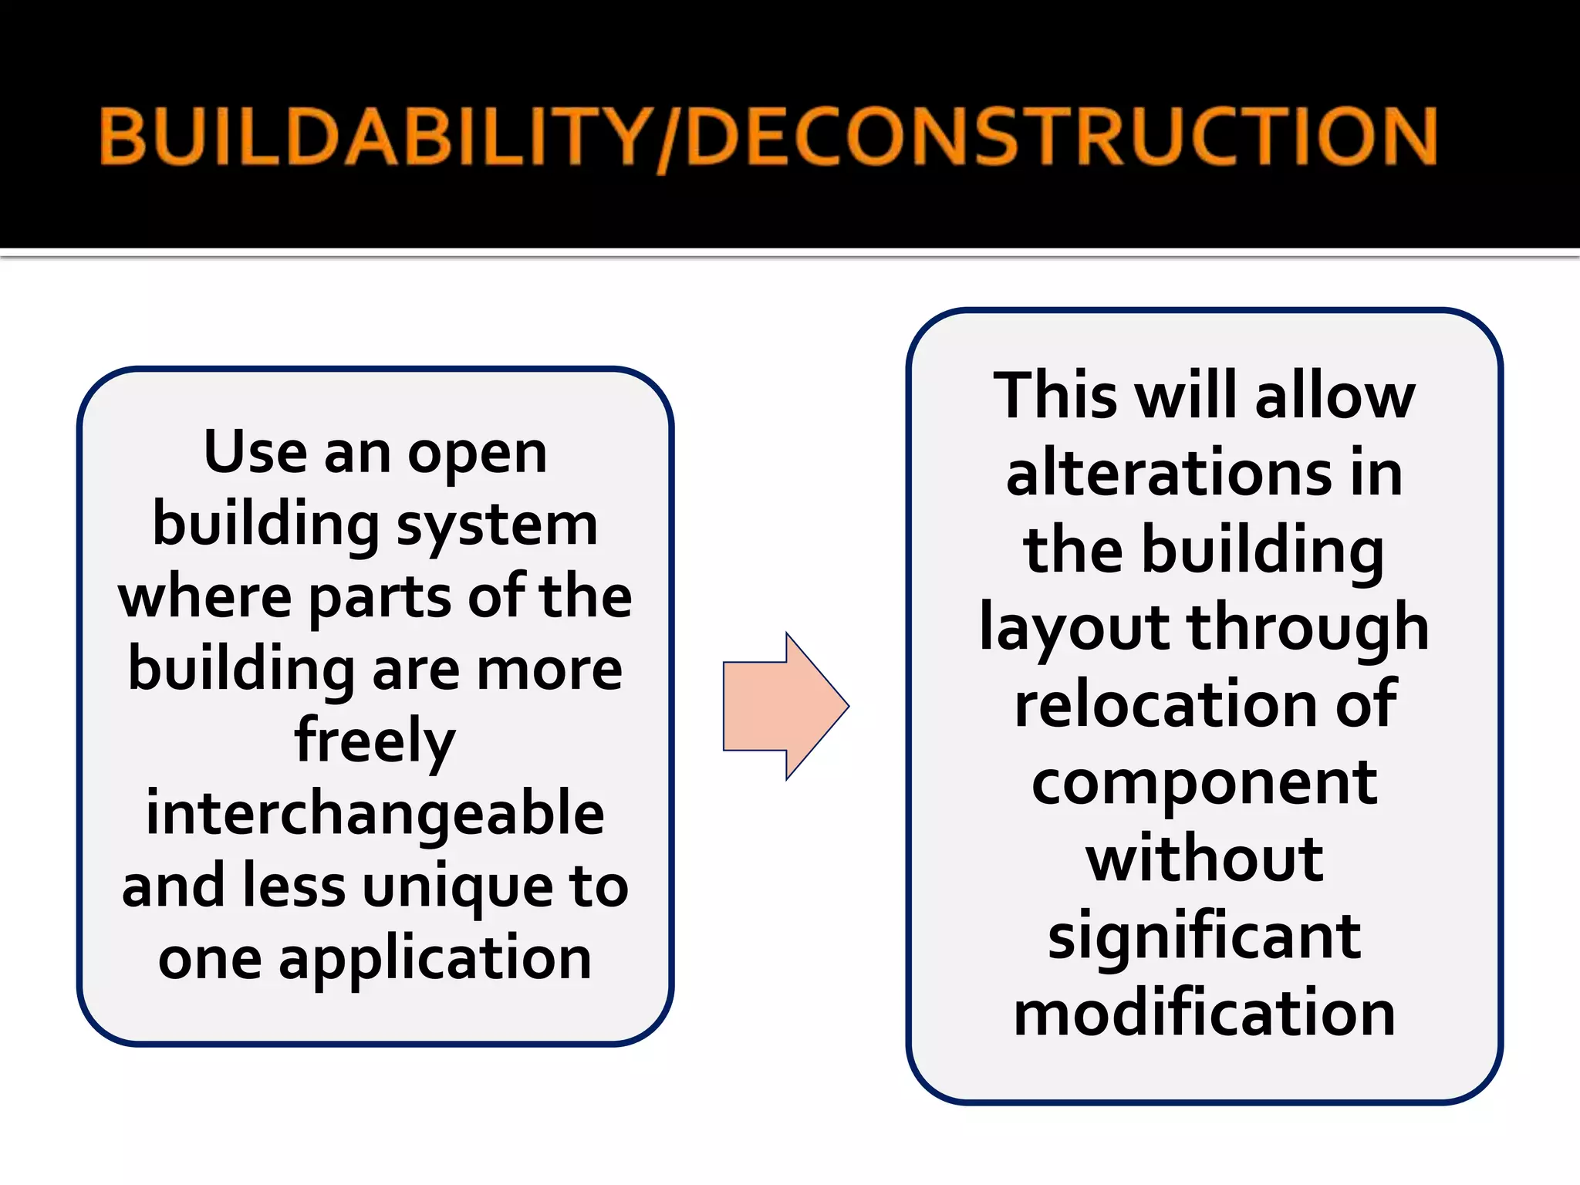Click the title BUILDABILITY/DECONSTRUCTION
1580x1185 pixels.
pos(768,137)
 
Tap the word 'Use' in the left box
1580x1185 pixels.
pos(255,452)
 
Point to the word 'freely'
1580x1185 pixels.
pos(375,741)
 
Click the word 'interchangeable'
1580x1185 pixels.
pos(375,814)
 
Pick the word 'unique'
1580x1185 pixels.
pos(457,887)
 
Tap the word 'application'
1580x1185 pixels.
pos(435,959)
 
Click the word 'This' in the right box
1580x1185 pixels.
pos(1055,396)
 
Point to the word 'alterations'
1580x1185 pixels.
pos(1169,472)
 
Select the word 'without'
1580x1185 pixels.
pos(1204,858)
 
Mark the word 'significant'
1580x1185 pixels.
pos(1204,937)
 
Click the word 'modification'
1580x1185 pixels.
pos(1204,1012)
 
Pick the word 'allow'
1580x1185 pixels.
pos(1335,396)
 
